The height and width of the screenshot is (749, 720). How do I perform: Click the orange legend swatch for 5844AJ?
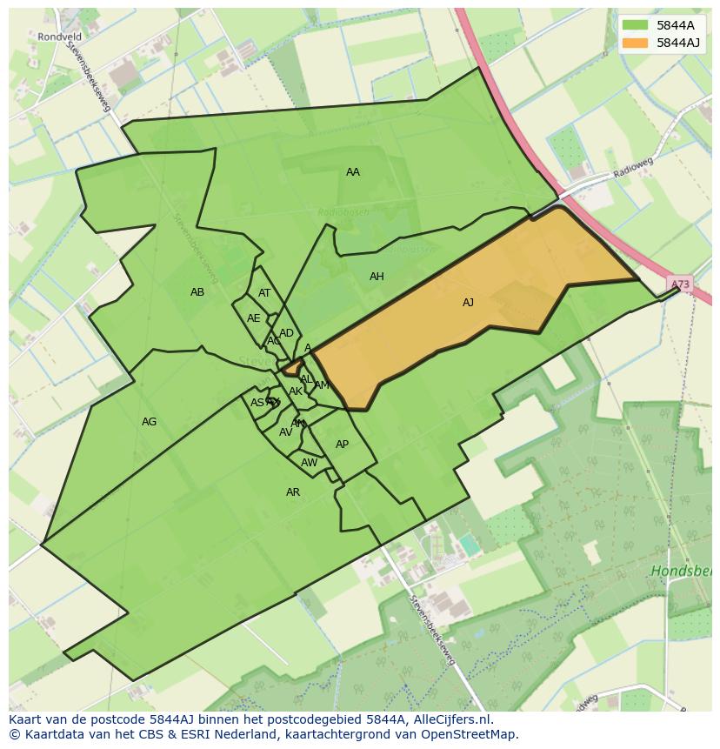(x=635, y=43)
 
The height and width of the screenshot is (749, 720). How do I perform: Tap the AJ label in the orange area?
(x=468, y=303)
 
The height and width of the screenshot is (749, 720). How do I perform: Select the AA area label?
(x=352, y=172)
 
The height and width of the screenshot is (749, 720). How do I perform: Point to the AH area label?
(x=377, y=277)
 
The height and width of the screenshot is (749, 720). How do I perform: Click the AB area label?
(x=197, y=292)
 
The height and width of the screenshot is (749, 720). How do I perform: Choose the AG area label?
(x=149, y=422)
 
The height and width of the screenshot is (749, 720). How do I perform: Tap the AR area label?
(x=293, y=492)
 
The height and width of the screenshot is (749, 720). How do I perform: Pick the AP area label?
(x=342, y=445)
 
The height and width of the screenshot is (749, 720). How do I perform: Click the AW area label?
(x=309, y=463)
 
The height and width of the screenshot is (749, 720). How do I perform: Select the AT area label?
(x=264, y=293)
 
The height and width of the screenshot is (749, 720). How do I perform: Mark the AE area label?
(x=253, y=318)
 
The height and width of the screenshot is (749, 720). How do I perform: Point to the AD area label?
(x=286, y=333)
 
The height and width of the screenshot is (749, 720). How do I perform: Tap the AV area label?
(x=285, y=432)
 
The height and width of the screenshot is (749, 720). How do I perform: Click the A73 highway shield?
(x=680, y=284)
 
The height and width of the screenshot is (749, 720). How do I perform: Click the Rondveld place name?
(x=59, y=37)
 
